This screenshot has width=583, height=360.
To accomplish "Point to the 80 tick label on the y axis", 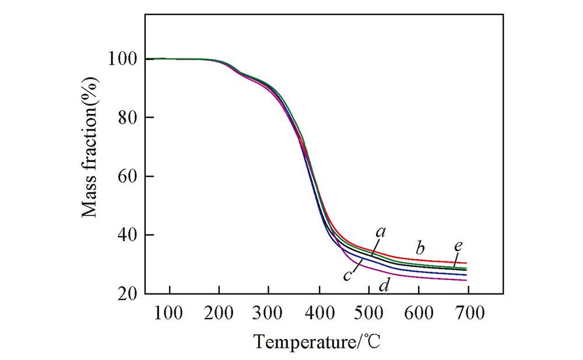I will click(x=126, y=118).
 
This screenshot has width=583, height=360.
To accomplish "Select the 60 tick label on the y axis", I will click(x=126, y=176).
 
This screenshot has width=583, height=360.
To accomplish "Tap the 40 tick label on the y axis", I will click(x=126, y=235).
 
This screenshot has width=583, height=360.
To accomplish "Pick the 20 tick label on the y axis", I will click(x=126, y=294).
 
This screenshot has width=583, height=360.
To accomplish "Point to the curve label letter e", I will click(x=458, y=246).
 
